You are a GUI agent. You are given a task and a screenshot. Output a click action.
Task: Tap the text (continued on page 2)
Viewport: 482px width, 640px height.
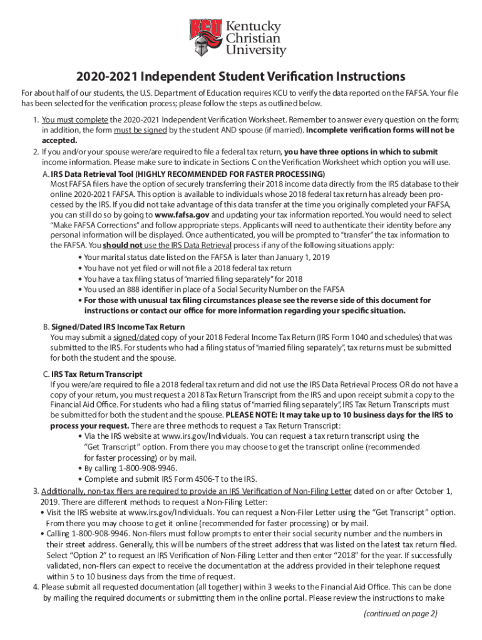pos(401,613)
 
